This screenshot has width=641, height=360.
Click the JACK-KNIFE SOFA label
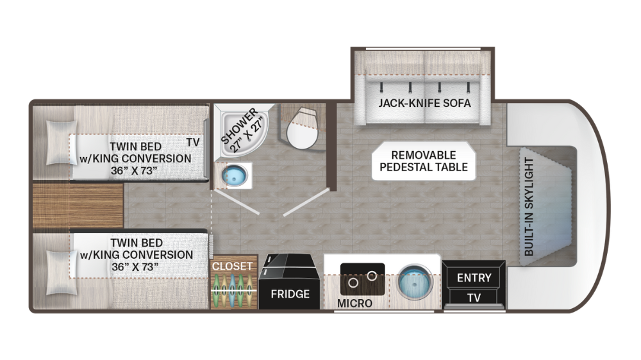[x=424, y=103]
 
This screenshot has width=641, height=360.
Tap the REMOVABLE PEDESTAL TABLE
[x=424, y=161]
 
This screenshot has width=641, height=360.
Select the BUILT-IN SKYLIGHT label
[x=529, y=207]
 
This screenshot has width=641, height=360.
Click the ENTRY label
[x=474, y=278]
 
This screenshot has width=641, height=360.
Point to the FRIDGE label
[x=290, y=294]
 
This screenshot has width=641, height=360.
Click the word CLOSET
[x=232, y=266]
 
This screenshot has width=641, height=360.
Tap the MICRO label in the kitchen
[x=354, y=303]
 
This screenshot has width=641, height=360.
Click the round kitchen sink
[x=415, y=282]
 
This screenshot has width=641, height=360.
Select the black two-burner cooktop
[x=362, y=279]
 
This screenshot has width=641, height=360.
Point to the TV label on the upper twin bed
[x=193, y=142]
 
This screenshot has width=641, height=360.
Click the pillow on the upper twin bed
[x=62, y=143]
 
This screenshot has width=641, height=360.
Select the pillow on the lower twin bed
[x=62, y=272]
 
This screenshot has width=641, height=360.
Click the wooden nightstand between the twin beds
[x=78, y=206]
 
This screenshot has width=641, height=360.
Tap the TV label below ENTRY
[x=474, y=298]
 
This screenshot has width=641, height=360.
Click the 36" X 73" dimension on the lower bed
[x=135, y=267]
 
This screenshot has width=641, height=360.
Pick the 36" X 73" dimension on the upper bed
[x=134, y=170]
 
